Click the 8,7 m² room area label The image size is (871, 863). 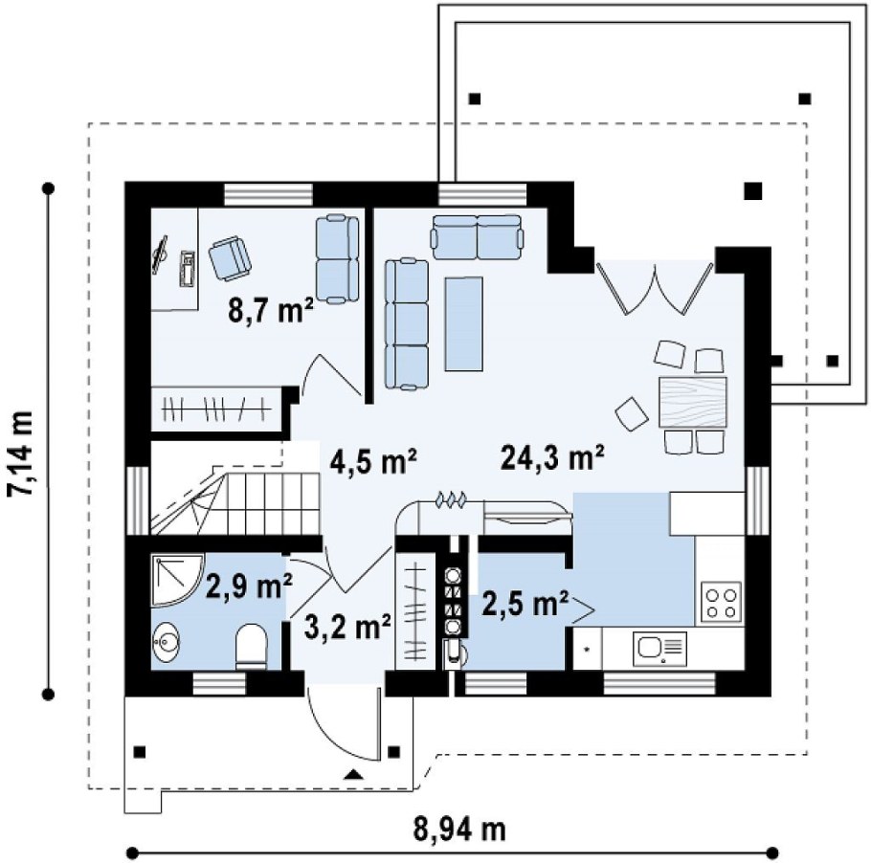tap(271, 310)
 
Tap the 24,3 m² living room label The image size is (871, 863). tap(552, 457)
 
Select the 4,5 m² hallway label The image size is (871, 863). tap(373, 461)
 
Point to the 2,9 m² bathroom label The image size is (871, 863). tap(250, 586)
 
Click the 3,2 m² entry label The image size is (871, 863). tap(347, 627)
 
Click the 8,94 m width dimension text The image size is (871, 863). tap(460, 830)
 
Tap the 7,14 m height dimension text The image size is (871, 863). tap(21, 454)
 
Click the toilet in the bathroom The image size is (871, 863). tap(251, 647)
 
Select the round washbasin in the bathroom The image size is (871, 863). tap(165, 643)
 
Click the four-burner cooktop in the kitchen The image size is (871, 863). tap(721, 603)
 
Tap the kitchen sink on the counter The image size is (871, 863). tap(659, 648)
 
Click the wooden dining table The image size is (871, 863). tap(693, 402)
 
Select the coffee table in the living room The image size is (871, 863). tap(463, 323)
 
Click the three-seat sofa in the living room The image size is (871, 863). tap(407, 323)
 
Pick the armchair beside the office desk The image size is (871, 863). tap(230, 256)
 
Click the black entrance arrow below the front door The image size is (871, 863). tap(353, 774)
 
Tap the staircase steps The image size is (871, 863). tap(236, 502)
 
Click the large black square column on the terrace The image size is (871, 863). tap(752, 191)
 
